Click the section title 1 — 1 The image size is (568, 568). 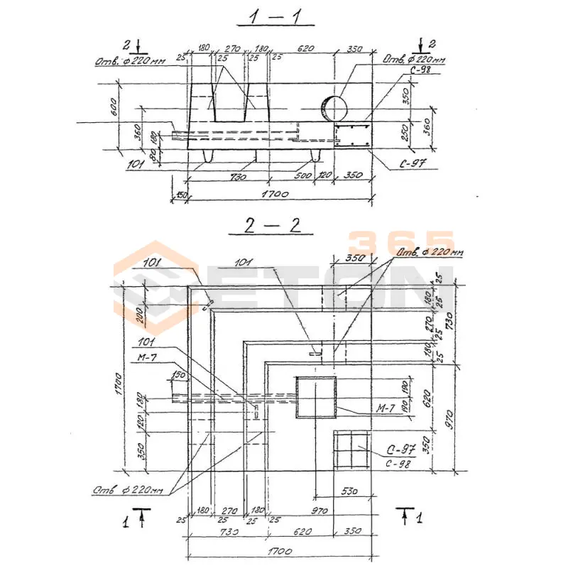click(x=273, y=17)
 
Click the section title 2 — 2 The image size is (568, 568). click(x=273, y=226)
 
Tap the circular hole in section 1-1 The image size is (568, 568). click(x=334, y=108)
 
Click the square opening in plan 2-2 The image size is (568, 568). click(x=316, y=398)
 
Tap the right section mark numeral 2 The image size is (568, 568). click(x=433, y=44)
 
